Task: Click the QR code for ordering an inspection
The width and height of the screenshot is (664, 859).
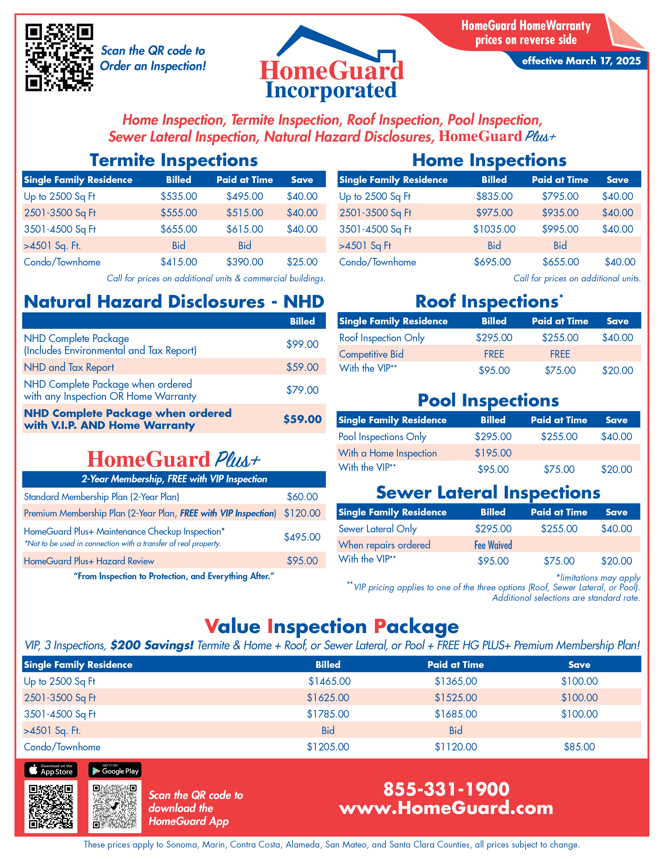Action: click(59, 58)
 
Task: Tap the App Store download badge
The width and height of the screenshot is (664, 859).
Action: click(51, 770)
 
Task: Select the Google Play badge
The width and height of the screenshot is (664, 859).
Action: click(115, 770)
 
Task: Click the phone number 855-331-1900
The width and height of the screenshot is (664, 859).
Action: click(446, 789)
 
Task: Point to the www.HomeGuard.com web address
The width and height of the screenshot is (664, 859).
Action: click(446, 808)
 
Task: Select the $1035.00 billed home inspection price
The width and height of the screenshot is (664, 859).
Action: click(494, 229)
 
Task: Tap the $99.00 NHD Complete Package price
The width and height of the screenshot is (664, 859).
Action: click(302, 344)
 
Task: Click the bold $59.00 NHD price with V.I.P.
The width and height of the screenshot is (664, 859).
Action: click(302, 419)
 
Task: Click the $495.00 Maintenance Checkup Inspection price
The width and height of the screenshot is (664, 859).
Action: click(302, 537)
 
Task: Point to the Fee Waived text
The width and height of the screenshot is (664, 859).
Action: click(493, 545)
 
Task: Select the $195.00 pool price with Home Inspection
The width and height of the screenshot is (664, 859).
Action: click(493, 453)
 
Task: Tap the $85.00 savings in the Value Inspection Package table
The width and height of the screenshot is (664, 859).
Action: click(579, 747)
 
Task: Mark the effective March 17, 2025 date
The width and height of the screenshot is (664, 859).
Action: click(581, 61)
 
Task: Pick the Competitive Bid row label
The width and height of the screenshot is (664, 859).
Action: click(371, 354)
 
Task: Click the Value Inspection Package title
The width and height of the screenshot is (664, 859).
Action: click(331, 627)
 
